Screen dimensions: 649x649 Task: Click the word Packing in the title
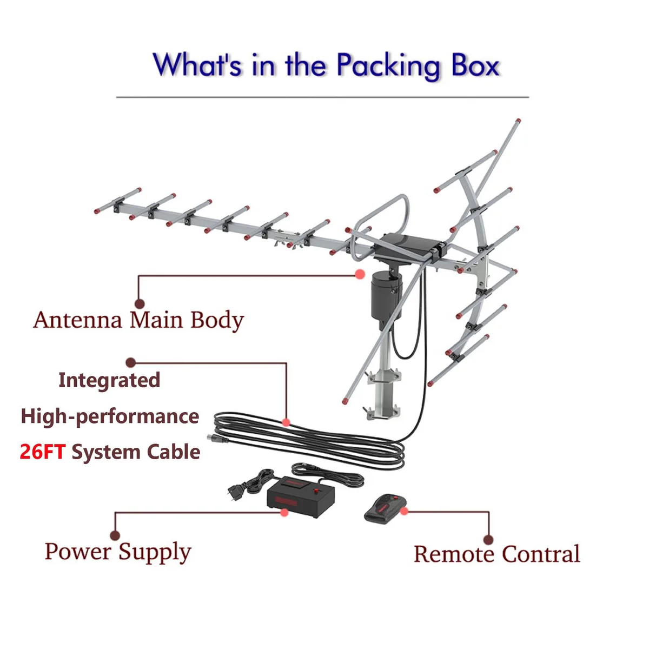pyautogui.click(x=388, y=65)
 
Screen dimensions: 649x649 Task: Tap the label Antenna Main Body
pyautogui.click(x=138, y=320)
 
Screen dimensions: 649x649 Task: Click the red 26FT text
pyautogui.click(x=42, y=452)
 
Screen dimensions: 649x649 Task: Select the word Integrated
pyautogui.click(x=109, y=381)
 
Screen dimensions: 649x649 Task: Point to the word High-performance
pyautogui.click(x=110, y=416)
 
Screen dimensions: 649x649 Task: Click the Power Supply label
pyautogui.click(x=118, y=552)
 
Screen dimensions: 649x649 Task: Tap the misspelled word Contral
pyautogui.click(x=541, y=554)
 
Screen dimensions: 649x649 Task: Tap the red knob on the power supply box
pyautogui.click(x=316, y=490)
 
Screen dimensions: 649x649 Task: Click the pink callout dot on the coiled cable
pyautogui.click(x=286, y=422)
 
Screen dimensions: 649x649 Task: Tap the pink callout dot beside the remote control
pyautogui.click(x=404, y=511)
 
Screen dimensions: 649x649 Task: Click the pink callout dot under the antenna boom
pyautogui.click(x=360, y=274)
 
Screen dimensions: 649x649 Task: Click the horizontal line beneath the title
pyautogui.click(x=322, y=97)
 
